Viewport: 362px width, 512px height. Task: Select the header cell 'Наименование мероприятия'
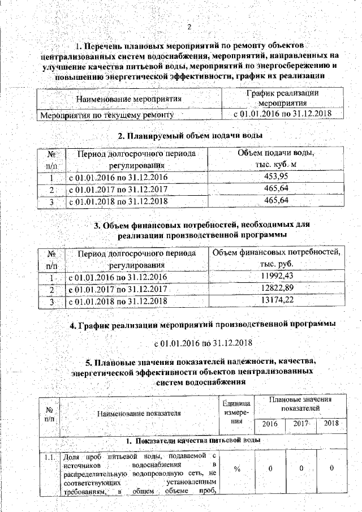(128, 100)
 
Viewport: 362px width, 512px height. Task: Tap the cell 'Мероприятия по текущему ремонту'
(105, 115)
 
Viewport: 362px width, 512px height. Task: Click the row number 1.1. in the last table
(49, 455)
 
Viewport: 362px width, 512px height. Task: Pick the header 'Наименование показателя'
(139, 413)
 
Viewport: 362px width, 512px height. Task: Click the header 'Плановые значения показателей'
(300, 404)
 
